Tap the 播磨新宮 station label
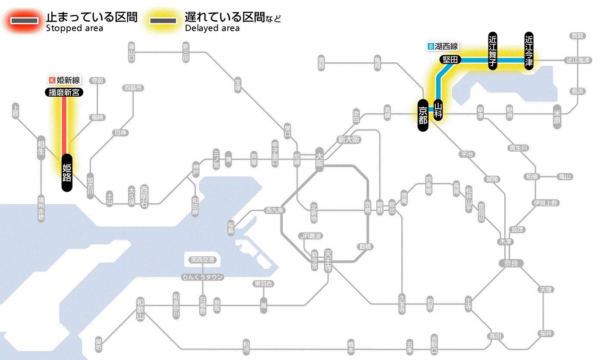pos(64,92)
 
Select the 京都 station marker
pos(423,115)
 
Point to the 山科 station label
pos(438,110)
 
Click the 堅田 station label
pos(450,60)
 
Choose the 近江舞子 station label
pos(493,51)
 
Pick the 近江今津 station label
pos(529,51)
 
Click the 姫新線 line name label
pos(65,80)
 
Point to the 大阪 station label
pos(319,160)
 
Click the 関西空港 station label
pos(202,260)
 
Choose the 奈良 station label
pos(511,263)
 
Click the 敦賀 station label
pos(577,36)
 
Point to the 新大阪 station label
pos(349,140)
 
